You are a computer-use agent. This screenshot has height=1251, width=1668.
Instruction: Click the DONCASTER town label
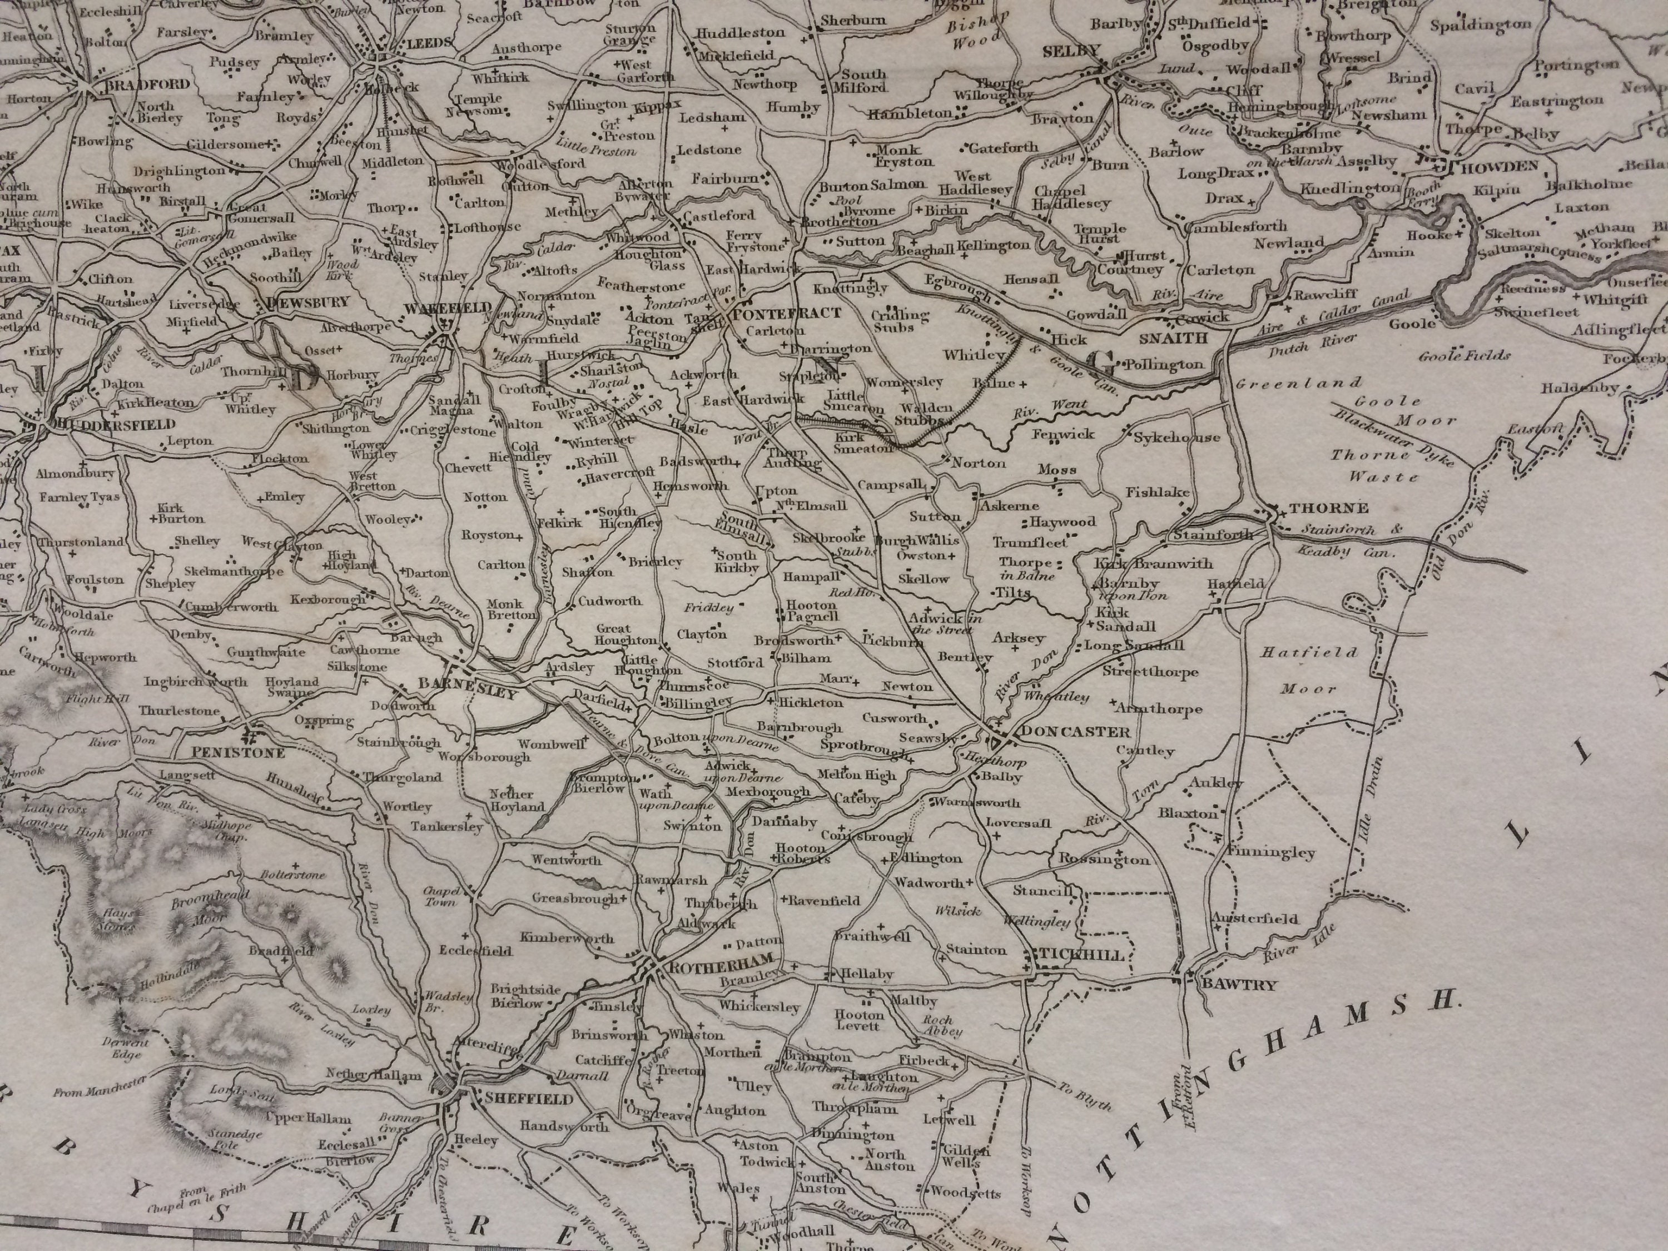1075,732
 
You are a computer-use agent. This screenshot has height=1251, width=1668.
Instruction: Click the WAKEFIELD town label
448,307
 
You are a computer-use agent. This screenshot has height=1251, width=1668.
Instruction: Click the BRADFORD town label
148,85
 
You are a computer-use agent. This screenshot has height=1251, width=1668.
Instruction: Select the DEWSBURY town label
309,301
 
